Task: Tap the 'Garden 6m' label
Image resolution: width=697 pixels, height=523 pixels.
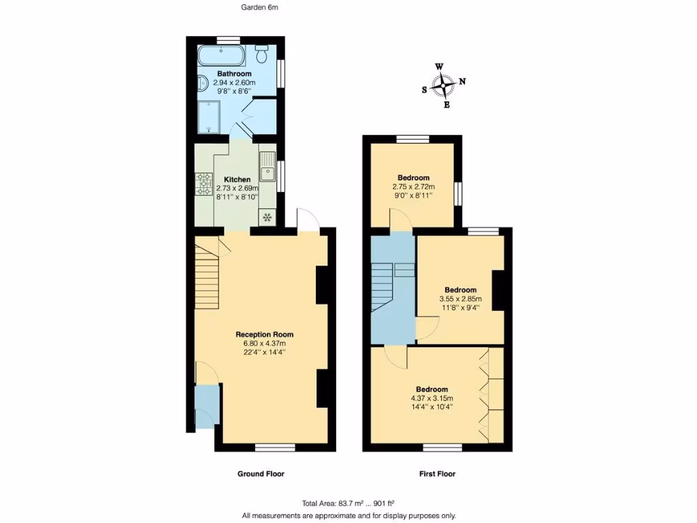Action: (x=260, y=7)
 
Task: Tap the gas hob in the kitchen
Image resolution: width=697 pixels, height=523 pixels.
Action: (x=204, y=184)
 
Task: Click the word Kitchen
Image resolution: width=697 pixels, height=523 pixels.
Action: (x=237, y=179)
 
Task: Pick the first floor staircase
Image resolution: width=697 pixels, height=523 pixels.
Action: (x=383, y=286)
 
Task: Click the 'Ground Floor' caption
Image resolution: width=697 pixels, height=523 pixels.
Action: (x=261, y=474)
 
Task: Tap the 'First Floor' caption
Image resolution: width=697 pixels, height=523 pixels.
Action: (x=436, y=474)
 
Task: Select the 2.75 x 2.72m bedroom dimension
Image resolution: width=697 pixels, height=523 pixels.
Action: (x=413, y=187)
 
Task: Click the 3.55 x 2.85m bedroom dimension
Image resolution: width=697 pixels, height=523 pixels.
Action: (x=460, y=298)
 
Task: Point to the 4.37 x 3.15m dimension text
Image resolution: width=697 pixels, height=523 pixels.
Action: (x=432, y=398)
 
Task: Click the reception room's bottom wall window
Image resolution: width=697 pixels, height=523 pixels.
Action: (x=275, y=447)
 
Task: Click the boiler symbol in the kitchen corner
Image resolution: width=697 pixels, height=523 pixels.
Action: (x=268, y=218)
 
